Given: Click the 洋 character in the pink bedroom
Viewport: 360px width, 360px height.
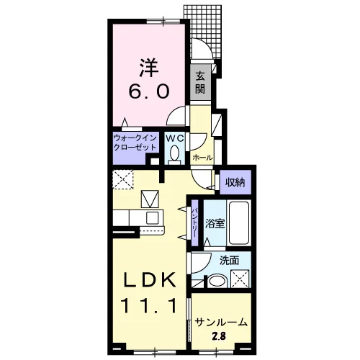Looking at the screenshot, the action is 149,68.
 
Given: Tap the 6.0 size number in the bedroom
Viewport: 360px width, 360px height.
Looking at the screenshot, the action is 149,91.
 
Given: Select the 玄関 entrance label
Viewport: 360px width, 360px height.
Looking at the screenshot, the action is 200,83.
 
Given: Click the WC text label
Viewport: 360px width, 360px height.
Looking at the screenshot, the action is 175,138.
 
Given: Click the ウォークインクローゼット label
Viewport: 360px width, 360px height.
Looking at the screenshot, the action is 135,143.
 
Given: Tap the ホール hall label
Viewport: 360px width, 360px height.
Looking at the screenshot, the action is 202,158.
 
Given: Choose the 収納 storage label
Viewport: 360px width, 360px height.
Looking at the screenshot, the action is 235,182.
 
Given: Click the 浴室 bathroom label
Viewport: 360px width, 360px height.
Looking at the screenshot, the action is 215,223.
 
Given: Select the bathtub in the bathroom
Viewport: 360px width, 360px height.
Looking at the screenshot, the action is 239,223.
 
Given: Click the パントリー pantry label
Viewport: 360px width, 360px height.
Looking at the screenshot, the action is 194,222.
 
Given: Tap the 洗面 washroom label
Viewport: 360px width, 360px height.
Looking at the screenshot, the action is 230,261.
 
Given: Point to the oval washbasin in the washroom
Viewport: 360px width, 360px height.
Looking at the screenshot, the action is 217,282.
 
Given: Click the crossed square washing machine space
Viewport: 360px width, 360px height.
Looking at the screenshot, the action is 240,279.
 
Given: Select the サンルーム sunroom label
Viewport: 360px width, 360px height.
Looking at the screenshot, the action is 221,323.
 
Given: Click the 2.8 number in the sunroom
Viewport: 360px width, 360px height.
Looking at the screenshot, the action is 219,336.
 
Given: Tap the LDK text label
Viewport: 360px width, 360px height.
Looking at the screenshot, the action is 150,280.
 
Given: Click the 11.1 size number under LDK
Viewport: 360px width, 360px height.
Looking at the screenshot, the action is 150,305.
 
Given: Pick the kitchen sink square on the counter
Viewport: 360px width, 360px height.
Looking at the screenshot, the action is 153,218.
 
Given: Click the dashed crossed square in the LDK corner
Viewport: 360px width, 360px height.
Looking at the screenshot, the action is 123,179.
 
